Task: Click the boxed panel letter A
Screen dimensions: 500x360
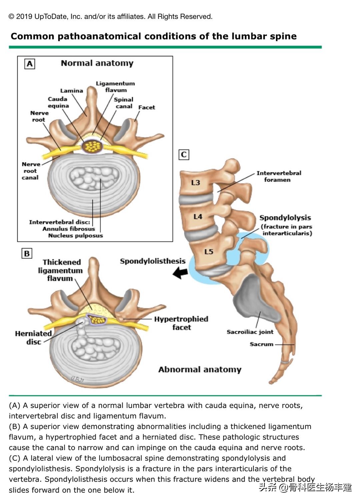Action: click(30, 64)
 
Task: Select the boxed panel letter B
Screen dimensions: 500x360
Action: click(27, 253)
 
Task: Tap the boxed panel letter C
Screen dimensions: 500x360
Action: click(184, 155)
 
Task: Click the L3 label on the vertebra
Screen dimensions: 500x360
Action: click(196, 183)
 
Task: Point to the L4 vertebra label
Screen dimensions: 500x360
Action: click(198, 217)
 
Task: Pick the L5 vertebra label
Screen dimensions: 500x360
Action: click(209, 251)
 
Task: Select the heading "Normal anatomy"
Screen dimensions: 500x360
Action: click(97, 63)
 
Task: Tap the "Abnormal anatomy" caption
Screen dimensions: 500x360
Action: click(200, 369)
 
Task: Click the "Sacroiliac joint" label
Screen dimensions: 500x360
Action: click(250, 332)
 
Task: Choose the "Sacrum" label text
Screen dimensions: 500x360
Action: click(261, 344)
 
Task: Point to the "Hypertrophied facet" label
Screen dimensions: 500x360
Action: click(181, 323)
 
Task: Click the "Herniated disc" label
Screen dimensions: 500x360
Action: click(33, 337)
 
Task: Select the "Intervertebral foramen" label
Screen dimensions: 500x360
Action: click(279, 176)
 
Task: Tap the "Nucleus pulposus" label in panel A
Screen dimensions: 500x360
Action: click(75, 236)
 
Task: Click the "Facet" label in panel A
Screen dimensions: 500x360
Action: click(147, 107)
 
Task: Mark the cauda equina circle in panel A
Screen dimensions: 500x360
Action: click(92, 146)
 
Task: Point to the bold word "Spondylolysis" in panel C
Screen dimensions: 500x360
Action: click(285, 218)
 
